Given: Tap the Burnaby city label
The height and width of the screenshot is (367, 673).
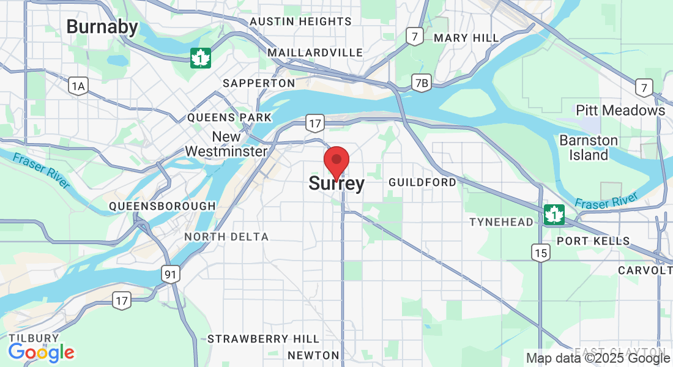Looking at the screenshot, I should click(102, 27).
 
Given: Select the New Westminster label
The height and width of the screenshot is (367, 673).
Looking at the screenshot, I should click(226, 144).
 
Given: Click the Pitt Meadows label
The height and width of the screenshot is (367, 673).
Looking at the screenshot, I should click(620, 111).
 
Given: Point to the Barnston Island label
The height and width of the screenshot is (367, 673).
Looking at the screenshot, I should click(589, 147).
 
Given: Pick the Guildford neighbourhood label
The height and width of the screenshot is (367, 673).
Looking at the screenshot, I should click(422, 182).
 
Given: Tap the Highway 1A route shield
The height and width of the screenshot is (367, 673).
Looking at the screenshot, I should click(78, 87).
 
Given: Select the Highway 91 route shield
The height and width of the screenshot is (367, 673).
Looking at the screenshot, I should click(171, 275).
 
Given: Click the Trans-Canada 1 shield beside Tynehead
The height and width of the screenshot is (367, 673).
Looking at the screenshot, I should click(554, 215).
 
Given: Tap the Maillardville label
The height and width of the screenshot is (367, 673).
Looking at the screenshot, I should click(315, 53).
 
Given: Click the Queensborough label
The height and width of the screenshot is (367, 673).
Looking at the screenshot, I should click(162, 206).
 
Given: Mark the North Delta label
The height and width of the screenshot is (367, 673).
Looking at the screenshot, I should click(226, 237).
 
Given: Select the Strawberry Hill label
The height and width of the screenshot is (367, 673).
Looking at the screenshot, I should click(263, 339).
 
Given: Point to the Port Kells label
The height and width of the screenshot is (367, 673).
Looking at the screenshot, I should click(593, 241).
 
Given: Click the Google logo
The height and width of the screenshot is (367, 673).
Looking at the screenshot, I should click(41, 352).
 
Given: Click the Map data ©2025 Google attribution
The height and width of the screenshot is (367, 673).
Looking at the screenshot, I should click(598, 358).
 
